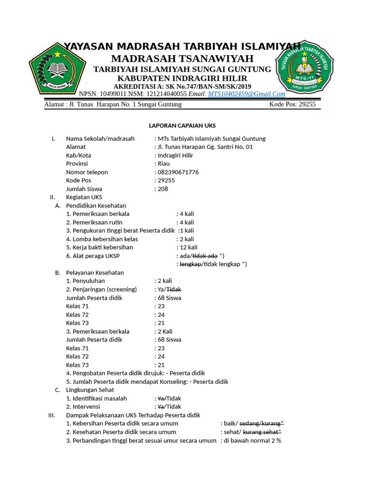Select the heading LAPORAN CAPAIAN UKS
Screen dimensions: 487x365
(182, 126)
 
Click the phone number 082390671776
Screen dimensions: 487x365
(178, 172)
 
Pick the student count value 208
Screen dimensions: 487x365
(163, 189)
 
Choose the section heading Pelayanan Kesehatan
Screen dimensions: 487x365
(95, 273)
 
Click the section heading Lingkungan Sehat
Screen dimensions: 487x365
(90, 390)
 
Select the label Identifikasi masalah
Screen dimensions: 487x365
(96, 399)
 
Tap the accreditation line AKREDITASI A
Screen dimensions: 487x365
(182, 86)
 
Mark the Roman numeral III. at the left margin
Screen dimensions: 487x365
(52, 415)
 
